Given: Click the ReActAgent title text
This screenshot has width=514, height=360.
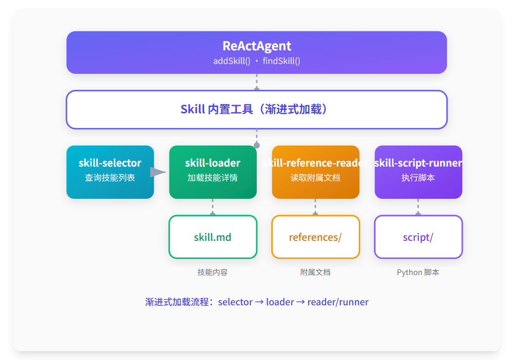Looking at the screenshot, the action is pos(257,46).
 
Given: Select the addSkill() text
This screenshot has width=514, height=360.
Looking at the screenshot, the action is pos(232,61).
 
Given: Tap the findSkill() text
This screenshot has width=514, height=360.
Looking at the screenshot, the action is pos(281,61).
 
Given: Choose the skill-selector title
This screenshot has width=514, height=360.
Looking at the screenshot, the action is pos(110,163).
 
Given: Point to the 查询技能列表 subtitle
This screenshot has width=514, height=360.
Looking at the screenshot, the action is pos(110,177).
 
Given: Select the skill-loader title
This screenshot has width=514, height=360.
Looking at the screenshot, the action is pos(212,163).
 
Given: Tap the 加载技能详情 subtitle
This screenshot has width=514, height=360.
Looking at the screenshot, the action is pos(212,177).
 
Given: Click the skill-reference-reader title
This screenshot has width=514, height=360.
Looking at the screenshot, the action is pos(315,163).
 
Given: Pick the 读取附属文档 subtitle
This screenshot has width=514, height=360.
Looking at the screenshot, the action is pos(315,177).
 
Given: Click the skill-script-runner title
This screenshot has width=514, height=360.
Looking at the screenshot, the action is pos(418,163).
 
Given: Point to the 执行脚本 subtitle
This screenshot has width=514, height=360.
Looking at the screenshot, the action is pos(418,177).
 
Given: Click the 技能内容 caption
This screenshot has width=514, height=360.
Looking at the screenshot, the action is pos(212,272).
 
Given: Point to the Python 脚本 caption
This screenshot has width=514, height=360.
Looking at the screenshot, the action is pos(418,273).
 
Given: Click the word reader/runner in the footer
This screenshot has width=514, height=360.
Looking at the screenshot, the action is pos(338,302).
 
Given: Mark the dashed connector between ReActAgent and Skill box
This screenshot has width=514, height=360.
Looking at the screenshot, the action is pos(257,82).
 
